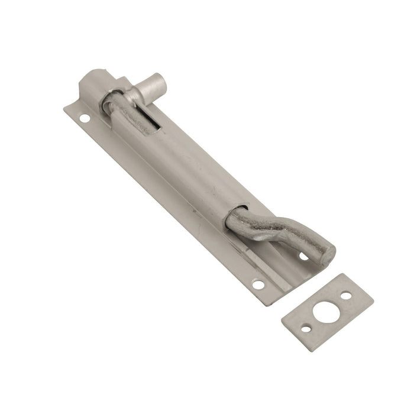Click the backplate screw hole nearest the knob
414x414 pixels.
(x=85, y=118)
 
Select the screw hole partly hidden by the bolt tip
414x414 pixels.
(x=303, y=256)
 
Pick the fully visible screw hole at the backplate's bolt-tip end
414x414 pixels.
(x=258, y=285)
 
